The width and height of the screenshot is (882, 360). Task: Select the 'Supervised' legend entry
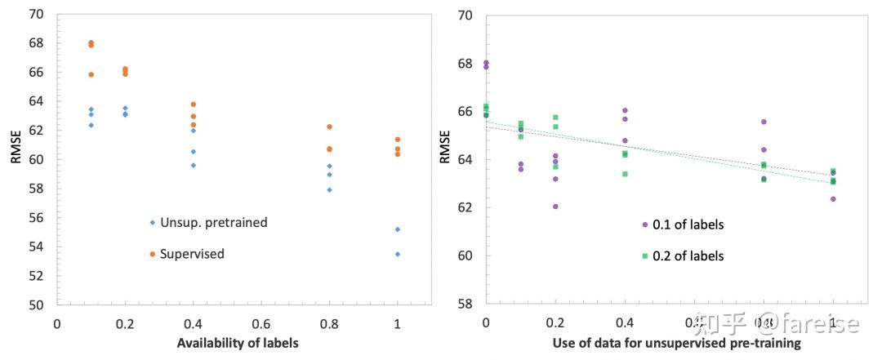[191, 254]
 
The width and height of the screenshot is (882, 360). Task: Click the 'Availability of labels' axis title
[238, 343]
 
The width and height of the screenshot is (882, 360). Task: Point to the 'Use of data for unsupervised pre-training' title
[676, 344]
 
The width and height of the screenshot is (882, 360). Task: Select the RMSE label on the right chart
[445, 146]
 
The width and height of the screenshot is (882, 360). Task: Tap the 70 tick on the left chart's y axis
[38, 14]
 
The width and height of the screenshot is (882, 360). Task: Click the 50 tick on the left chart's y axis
[38, 304]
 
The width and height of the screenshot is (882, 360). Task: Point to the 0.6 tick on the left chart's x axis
[261, 324]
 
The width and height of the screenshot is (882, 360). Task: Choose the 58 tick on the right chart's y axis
[465, 303]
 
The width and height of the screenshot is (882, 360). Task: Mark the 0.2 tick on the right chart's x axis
[555, 324]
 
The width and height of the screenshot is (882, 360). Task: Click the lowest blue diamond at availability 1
[398, 254]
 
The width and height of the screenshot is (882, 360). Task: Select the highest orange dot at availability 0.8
[329, 127]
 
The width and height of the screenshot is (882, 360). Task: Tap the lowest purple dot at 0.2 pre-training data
[555, 207]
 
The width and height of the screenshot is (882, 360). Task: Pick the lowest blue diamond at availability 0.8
[329, 189]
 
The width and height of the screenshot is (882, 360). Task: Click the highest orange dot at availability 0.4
[193, 104]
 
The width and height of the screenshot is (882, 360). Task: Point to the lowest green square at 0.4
[625, 174]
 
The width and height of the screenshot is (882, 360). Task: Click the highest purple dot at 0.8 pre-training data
[764, 122]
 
